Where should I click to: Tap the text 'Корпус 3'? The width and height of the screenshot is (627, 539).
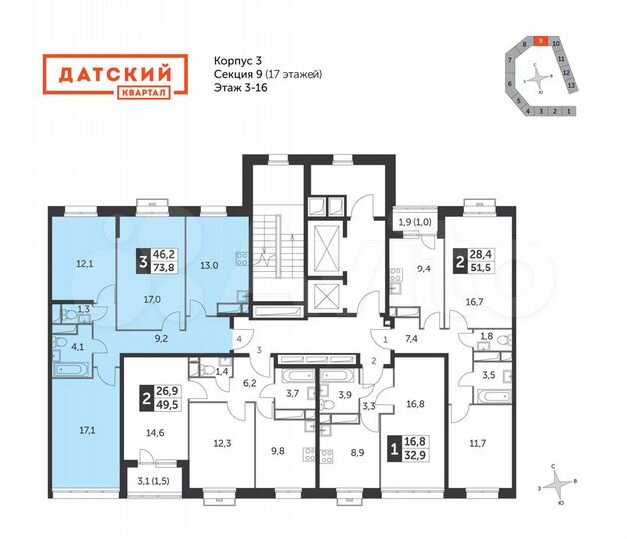(x=238, y=60)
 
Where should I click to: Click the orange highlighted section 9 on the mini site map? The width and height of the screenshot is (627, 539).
(x=540, y=43)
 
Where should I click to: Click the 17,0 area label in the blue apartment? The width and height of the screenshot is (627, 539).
(x=154, y=298)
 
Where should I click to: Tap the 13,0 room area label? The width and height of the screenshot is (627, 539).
(x=208, y=265)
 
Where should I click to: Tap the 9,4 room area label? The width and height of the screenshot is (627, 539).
(x=424, y=268)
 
